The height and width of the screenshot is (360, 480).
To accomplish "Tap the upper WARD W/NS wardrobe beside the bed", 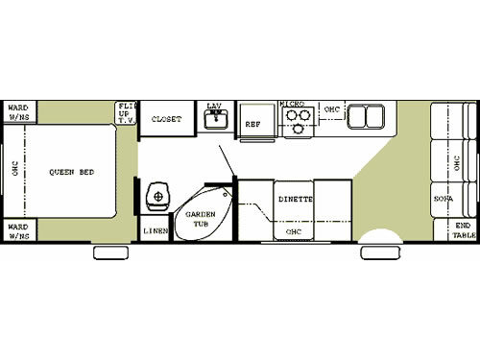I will click(x=18, y=112).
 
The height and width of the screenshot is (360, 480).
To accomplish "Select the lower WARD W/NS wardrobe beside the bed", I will click(x=18, y=230).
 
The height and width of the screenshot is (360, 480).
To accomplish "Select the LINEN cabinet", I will click(x=155, y=230).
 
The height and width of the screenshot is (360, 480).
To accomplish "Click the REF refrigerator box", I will click(x=253, y=123).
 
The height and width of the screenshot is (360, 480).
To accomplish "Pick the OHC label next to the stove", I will click(x=331, y=108).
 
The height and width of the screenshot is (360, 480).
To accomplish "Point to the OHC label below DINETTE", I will click(x=293, y=231).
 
